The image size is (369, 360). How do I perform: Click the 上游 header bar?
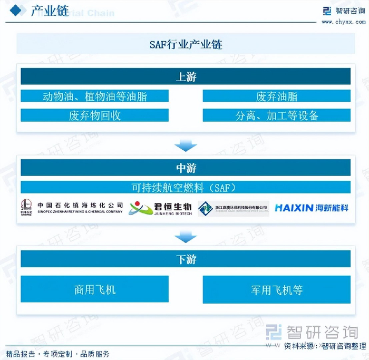click(186, 77)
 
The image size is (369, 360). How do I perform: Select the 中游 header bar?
click(186, 168)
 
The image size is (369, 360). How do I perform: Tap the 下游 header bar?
click(186, 259)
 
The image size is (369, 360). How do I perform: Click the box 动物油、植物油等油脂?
click(95, 96)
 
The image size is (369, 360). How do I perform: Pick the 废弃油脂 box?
click(276, 96)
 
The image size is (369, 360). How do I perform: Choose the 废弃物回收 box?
click(95, 115)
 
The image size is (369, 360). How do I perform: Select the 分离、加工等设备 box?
click(276, 115)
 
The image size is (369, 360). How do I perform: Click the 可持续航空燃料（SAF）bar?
click(186, 187)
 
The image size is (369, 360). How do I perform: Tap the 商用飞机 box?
click(95, 289)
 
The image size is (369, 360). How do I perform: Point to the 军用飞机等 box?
click(276, 290)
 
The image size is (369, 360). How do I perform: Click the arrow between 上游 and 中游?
click(186, 145)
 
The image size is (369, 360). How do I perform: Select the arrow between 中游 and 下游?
click(186, 237)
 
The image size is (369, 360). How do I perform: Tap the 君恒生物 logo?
click(161, 208)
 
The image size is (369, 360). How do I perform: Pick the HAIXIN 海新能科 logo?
click(312, 208)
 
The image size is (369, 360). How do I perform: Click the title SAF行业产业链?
click(186, 44)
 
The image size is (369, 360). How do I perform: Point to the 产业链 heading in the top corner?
click(50, 11)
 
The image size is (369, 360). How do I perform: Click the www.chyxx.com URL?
click(344, 22)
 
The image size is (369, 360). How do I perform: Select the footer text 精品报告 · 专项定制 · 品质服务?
click(58, 354)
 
